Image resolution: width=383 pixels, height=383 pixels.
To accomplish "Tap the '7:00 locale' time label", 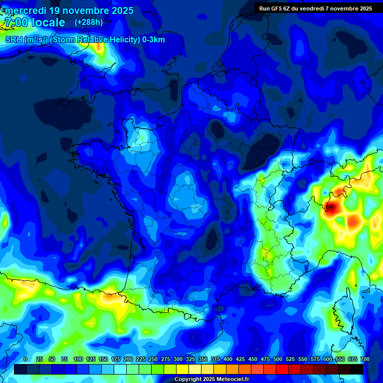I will tap(34, 22).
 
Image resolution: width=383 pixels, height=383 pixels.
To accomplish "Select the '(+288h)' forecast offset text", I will tap(89, 22).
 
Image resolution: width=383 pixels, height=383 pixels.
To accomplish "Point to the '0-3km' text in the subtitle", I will tap(154, 40).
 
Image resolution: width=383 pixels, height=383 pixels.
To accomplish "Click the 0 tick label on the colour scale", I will tap(25, 359).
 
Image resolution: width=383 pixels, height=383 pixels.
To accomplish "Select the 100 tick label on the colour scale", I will tap(78, 359).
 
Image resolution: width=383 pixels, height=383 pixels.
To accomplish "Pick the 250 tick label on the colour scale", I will tap(153, 359).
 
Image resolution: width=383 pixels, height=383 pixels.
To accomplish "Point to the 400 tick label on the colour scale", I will tap(228, 359).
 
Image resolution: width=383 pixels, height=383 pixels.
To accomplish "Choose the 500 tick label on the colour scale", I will tap(278, 359).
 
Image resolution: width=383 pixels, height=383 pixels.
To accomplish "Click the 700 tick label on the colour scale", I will tap(365, 359).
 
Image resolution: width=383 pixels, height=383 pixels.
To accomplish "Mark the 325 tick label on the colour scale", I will tap(191, 359).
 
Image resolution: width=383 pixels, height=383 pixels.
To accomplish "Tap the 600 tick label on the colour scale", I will tap(328, 359).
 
